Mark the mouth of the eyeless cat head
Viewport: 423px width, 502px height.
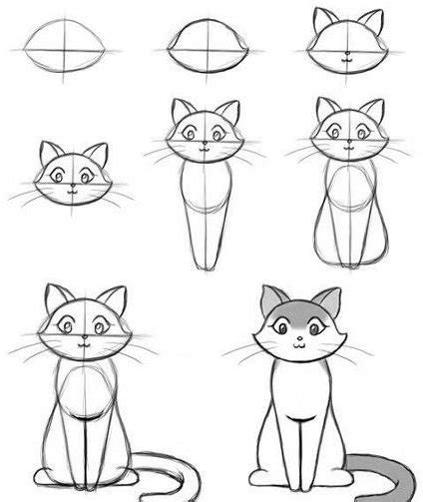coord(347,60)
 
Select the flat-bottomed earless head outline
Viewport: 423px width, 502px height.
coord(205,47)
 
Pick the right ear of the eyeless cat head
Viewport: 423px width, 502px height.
coord(370,21)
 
